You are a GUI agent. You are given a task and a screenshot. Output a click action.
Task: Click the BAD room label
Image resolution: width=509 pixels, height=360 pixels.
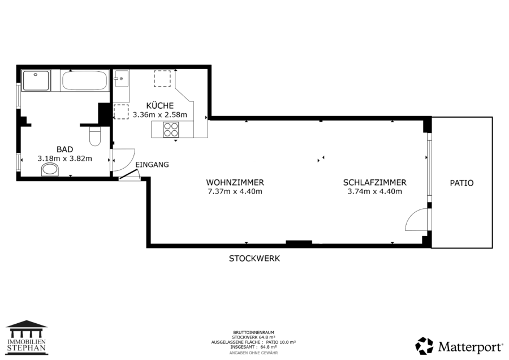[x=64, y=149]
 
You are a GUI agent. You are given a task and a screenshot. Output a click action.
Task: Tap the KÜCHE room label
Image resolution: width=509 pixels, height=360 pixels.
[x=159, y=106]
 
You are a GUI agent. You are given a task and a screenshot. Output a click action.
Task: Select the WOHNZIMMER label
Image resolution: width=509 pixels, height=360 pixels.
[x=235, y=183]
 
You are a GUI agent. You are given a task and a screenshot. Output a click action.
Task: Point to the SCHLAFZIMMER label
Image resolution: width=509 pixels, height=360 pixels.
[x=374, y=183]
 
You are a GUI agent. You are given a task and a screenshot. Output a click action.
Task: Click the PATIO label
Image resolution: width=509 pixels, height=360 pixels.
[x=461, y=183]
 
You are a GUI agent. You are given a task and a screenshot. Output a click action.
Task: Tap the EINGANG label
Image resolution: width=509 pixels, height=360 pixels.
[x=152, y=165]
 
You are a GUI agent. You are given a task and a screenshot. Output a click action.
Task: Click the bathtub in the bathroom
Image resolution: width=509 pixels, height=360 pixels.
[x=84, y=80]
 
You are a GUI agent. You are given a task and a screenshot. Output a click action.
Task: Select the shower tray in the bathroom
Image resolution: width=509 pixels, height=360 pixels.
[x=36, y=80]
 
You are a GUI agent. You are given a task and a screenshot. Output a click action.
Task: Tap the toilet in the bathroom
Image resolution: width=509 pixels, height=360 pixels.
[x=95, y=136]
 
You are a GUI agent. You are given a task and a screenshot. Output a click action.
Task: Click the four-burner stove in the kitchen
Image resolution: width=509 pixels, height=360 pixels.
[x=171, y=129]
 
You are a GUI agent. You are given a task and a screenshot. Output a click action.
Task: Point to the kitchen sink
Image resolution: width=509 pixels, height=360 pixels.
[x=121, y=79]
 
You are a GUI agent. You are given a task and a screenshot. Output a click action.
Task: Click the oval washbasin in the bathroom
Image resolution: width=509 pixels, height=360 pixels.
[x=50, y=170]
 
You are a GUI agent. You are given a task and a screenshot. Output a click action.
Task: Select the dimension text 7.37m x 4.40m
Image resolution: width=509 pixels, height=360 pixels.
[x=235, y=191]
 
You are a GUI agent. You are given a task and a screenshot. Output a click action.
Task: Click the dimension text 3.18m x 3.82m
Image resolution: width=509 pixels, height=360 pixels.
[x=64, y=158]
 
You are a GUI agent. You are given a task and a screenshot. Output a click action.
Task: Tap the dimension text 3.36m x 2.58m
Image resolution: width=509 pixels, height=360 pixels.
[x=159, y=115]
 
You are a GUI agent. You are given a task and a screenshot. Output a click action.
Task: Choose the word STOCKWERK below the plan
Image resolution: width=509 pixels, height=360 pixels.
[x=254, y=259]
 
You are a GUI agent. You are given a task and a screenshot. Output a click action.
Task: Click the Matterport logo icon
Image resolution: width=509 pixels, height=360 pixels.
[x=424, y=346]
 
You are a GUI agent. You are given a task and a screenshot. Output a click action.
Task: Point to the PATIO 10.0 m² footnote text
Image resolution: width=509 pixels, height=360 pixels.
[x=281, y=342]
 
